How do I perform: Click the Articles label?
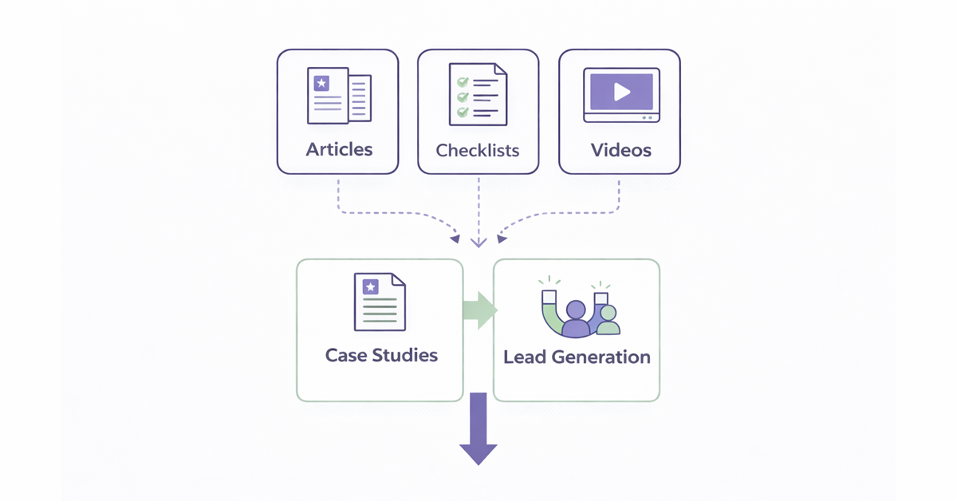[x=339, y=149]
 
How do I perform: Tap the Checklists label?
[x=478, y=150]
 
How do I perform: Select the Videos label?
[x=620, y=149]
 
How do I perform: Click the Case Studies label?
[x=381, y=355]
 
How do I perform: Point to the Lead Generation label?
[x=577, y=357]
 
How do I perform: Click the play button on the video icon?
[x=621, y=92]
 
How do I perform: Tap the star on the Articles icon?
[x=321, y=83]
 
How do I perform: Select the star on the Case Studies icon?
[x=370, y=287]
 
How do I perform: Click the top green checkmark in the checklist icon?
[x=462, y=82]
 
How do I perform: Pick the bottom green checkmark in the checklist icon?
[x=462, y=112]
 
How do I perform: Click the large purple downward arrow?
[x=478, y=431]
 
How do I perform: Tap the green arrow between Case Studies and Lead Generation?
[x=479, y=310]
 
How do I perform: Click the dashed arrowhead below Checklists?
[x=478, y=242]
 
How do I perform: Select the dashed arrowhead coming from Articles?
[x=455, y=237]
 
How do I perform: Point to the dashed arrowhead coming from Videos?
[x=502, y=237]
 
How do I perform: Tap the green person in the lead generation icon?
[x=608, y=321]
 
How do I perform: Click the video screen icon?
[x=621, y=95]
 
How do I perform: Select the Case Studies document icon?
[x=380, y=302]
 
